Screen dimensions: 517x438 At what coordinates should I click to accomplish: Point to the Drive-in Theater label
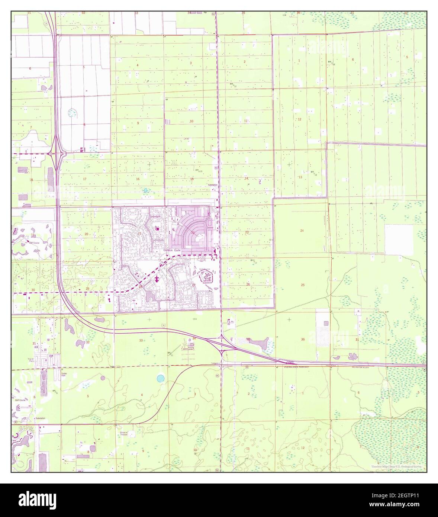click(x=123, y=433)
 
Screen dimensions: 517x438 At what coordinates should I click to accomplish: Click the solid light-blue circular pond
click(x=160, y=379)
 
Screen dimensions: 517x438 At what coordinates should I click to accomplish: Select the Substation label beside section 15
click(x=213, y=185)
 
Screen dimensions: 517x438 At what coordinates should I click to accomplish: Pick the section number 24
click(x=302, y=231)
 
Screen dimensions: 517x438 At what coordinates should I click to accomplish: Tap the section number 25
click(x=303, y=285)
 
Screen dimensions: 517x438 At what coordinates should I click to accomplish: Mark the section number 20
click(x=86, y=234)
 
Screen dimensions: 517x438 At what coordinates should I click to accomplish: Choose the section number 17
click(x=85, y=179)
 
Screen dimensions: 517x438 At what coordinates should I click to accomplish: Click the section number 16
click(x=138, y=179)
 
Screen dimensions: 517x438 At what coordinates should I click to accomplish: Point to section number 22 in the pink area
click(x=193, y=233)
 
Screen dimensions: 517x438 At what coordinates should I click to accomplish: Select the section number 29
click(x=87, y=289)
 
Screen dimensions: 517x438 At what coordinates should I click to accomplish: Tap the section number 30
click(x=33, y=290)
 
